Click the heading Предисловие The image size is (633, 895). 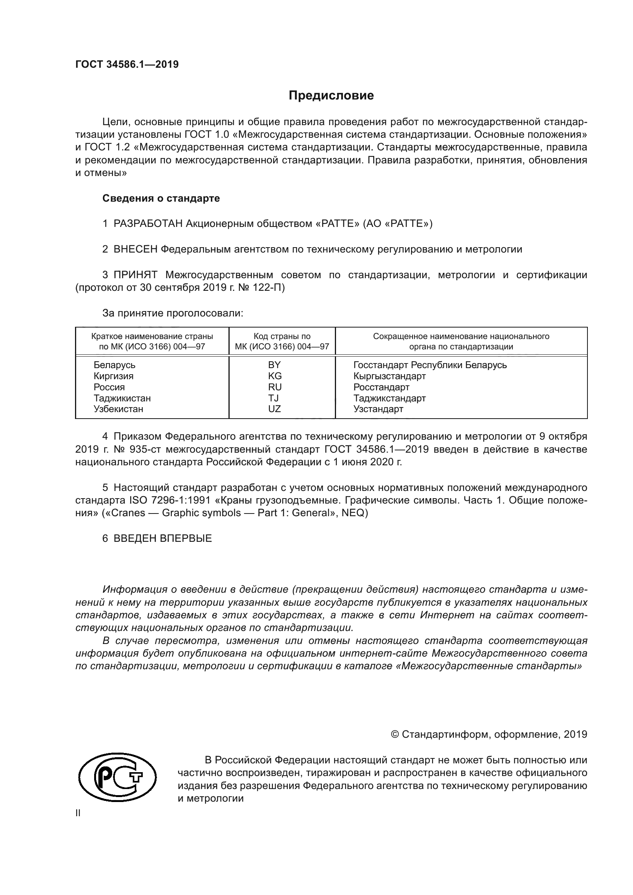[x=331, y=96]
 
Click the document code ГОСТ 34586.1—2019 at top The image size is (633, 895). [x=127, y=64]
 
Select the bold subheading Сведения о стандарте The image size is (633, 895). [x=161, y=198]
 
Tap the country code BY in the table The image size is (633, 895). [x=274, y=365]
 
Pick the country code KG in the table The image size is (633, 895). [x=274, y=376]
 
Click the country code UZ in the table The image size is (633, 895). [x=274, y=409]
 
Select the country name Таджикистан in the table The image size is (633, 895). [x=122, y=398]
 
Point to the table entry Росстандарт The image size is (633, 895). [x=381, y=387]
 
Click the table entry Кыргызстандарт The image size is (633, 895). [x=389, y=376]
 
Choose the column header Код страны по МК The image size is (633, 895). [x=282, y=341]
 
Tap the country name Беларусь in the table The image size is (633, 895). [x=114, y=365]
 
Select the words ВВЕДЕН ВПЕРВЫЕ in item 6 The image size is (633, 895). [x=163, y=538]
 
